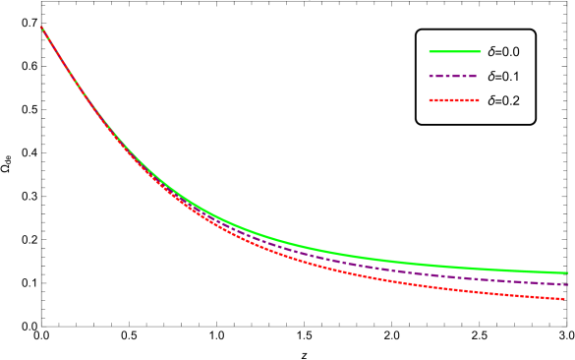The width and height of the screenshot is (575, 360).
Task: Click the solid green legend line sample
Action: (x=455, y=51)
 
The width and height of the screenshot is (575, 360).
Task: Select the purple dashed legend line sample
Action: (x=453, y=76)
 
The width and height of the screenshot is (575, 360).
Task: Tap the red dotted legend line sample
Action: (x=454, y=100)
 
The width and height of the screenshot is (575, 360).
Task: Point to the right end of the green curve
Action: (x=568, y=273)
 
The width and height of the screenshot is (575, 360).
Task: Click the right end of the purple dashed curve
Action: (x=568, y=284)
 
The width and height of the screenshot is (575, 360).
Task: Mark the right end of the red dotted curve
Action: (x=564, y=298)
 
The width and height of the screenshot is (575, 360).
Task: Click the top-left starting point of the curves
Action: (x=40, y=27)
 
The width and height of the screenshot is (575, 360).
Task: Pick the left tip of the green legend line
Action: (x=430, y=51)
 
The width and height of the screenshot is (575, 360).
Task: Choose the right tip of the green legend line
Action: (x=481, y=51)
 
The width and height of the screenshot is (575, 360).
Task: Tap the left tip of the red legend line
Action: (x=430, y=100)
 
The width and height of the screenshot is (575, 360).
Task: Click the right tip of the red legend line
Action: (x=479, y=100)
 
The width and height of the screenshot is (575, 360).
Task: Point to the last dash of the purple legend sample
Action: (x=473, y=76)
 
